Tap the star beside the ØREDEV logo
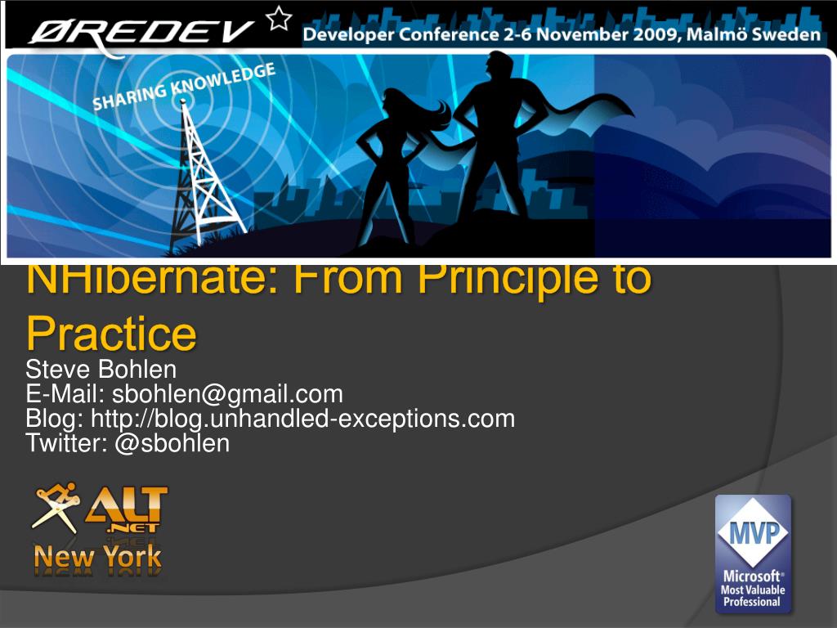280,18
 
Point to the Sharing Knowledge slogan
184,87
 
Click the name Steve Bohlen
101,370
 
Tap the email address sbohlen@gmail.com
227,394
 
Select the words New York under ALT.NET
97,559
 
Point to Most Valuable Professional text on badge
753,595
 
